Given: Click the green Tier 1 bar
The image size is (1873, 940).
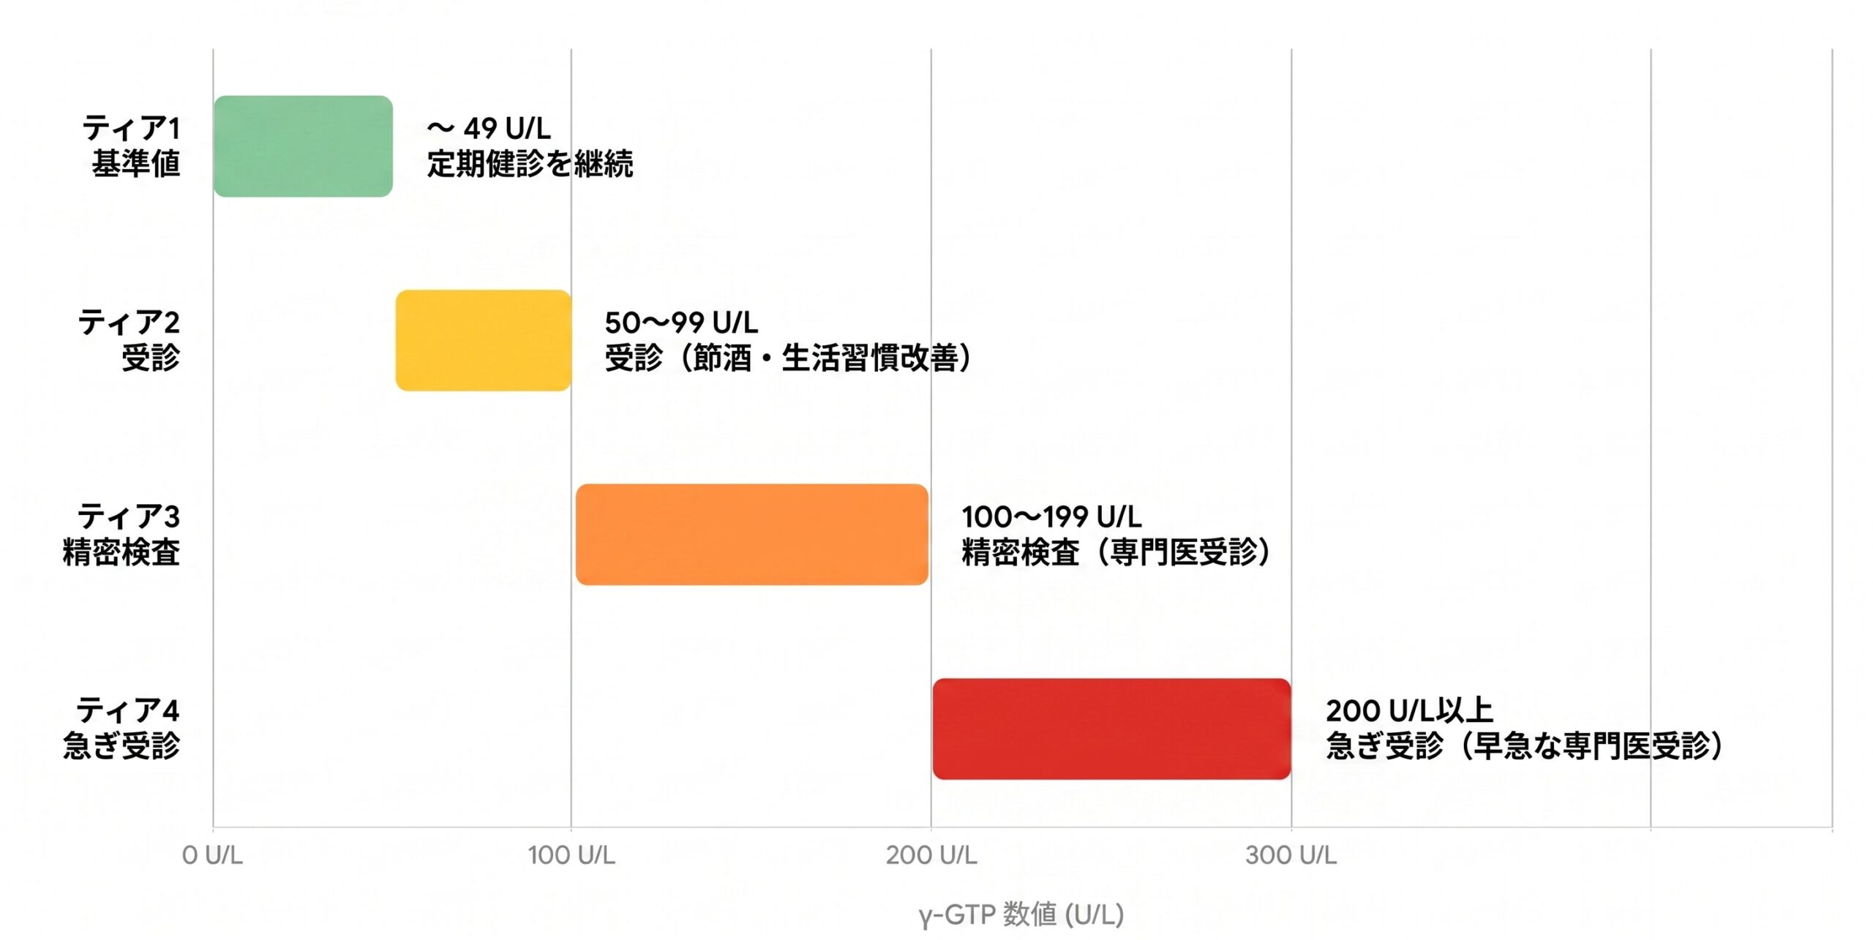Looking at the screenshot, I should [x=303, y=146].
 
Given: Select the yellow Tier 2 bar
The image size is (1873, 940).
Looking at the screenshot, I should [x=483, y=340].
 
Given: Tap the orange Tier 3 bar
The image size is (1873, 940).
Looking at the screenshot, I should [x=751, y=535].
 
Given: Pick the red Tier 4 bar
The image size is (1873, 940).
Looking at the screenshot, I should [x=1111, y=729].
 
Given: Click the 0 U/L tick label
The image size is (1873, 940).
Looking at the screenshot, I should [x=212, y=855].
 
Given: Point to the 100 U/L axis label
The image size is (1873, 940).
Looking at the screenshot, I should [x=571, y=855].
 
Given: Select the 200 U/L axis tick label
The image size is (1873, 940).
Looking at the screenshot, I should [x=931, y=855].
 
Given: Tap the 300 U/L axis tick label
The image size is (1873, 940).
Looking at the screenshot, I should [x=1291, y=855].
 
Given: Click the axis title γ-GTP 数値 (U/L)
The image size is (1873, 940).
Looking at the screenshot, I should [x=1021, y=914].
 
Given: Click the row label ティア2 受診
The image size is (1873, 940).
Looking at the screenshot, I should [x=130, y=340].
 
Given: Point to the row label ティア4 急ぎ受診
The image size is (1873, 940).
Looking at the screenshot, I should [x=122, y=729].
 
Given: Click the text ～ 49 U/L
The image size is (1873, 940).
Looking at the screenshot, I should [x=489, y=129].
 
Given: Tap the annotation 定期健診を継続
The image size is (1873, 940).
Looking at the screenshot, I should [x=530, y=164].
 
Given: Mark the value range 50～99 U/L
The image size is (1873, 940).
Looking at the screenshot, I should [x=681, y=323].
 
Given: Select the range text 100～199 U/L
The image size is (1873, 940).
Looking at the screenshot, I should [x=1051, y=517].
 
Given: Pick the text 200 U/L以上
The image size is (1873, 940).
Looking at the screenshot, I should [x=1409, y=711].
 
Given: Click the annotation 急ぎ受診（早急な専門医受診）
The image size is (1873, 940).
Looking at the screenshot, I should [x=1524, y=746].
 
